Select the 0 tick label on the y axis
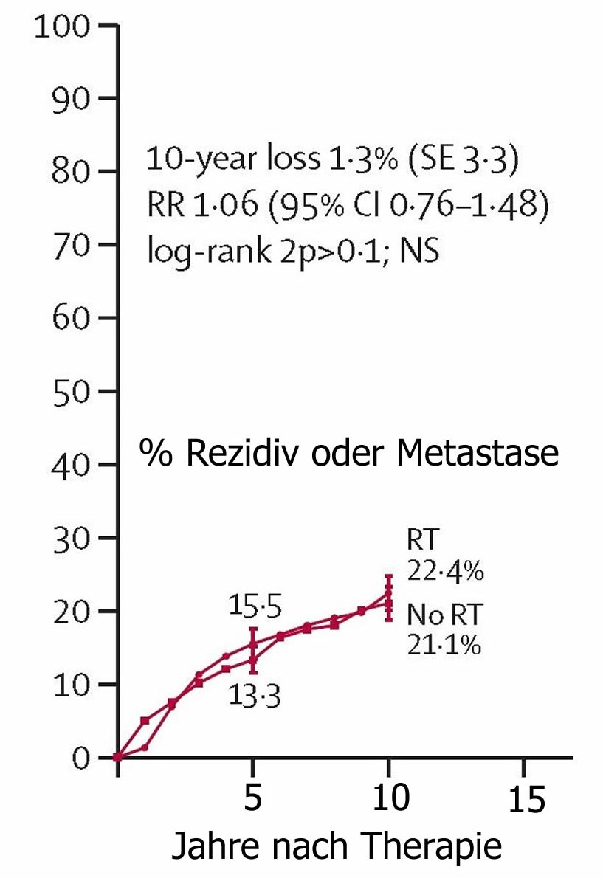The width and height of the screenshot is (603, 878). [x=82, y=758]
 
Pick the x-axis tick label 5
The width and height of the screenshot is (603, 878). [x=252, y=799]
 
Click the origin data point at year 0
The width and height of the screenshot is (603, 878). [x=117, y=757]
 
